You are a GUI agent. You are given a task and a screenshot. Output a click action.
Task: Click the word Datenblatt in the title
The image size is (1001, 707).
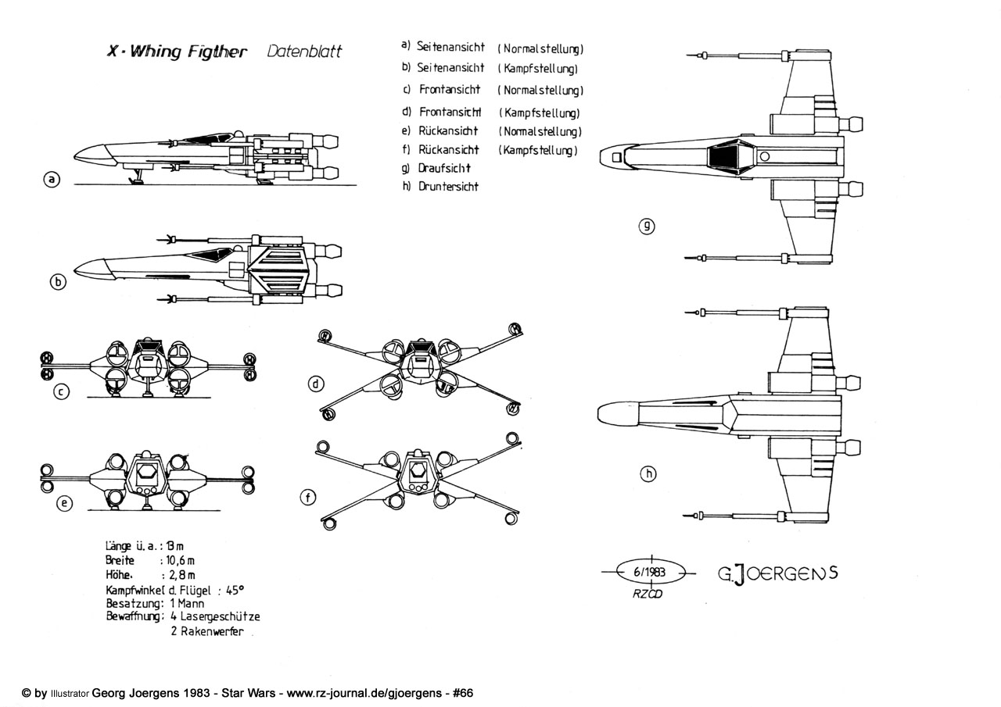click(304, 52)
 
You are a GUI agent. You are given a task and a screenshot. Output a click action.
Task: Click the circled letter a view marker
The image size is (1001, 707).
click(52, 180)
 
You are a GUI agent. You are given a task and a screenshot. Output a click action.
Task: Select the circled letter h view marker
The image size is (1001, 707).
click(648, 473)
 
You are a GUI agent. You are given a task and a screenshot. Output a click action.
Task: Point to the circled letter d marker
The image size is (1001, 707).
click(316, 384)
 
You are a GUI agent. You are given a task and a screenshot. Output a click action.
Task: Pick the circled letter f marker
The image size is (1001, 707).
click(309, 496)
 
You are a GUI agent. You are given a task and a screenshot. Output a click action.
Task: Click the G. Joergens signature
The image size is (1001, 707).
click(777, 573)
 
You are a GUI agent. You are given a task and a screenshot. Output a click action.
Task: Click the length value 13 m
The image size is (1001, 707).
click(180, 545)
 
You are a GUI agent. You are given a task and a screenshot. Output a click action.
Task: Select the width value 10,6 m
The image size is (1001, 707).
click(180, 560)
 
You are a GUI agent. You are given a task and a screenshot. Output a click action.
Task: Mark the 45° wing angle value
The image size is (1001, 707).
click(235, 589)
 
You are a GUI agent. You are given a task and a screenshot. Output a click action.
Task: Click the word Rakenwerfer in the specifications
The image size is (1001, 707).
click(206, 631)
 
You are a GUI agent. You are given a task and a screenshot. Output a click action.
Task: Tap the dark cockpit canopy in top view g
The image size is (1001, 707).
click(724, 155)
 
